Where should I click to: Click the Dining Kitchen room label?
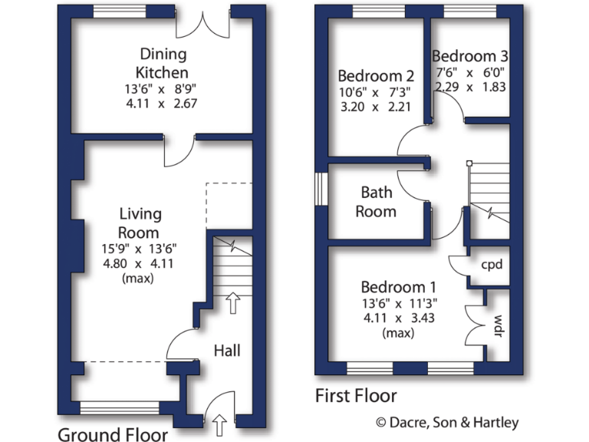click(162, 63)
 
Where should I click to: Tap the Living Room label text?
click(140, 223)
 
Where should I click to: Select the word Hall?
click(227, 351)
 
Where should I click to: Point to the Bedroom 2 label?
click(376, 76)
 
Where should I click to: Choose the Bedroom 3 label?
click(469, 56)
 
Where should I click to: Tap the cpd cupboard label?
click(491, 265)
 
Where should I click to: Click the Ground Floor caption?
click(113, 435)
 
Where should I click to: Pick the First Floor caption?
click(356, 396)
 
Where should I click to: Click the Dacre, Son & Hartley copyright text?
click(446, 422)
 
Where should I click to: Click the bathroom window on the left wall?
click(320, 189)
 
